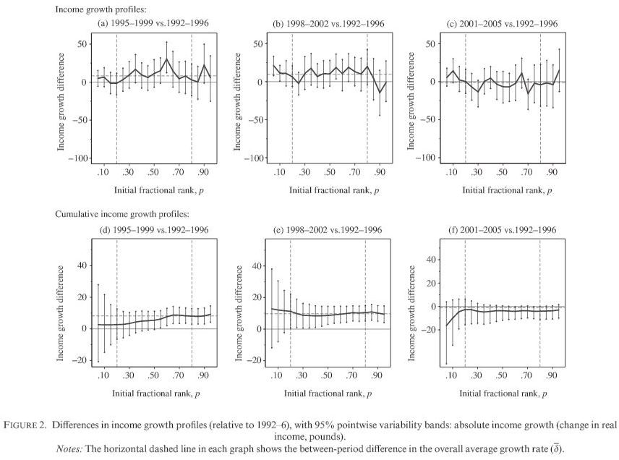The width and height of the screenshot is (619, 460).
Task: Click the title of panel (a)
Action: (x=153, y=23)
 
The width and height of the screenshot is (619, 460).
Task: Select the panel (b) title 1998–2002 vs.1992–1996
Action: (x=328, y=23)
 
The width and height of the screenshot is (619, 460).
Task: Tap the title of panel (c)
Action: (x=504, y=23)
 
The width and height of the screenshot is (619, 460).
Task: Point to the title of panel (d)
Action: (x=153, y=230)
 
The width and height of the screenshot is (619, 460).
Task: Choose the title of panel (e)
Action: (x=328, y=230)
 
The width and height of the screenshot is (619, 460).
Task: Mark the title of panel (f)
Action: (x=504, y=230)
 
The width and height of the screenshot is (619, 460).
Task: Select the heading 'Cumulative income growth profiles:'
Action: (x=122, y=214)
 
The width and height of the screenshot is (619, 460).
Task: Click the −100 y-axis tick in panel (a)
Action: (x=75, y=158)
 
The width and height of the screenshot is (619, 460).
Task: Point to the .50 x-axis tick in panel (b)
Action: (x=329, y=174)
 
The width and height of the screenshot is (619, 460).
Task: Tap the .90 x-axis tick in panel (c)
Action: (x=553, y=174)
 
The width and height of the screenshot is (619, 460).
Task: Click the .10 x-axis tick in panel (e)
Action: (x=276, y=377)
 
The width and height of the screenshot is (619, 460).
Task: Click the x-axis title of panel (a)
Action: (x=153, y=190)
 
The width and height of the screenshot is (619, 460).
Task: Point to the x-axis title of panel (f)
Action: (x=504, y=393)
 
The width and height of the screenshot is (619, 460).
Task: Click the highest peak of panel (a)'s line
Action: (x=166, y=59)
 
